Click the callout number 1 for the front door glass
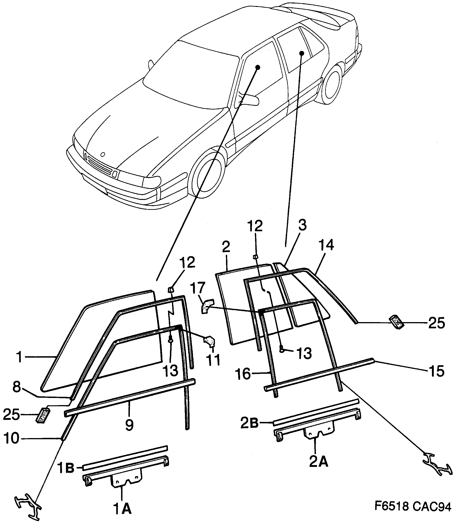click(19, 357)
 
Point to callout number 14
click(326, 245)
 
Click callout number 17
click(198, 288)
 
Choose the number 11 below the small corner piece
click(213, 360)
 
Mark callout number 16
click(243, 374)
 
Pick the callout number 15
click(436, 371)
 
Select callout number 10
click(11, 439)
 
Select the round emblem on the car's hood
click(103, 154)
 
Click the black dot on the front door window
click(258, 67)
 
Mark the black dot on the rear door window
click(302, 53)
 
